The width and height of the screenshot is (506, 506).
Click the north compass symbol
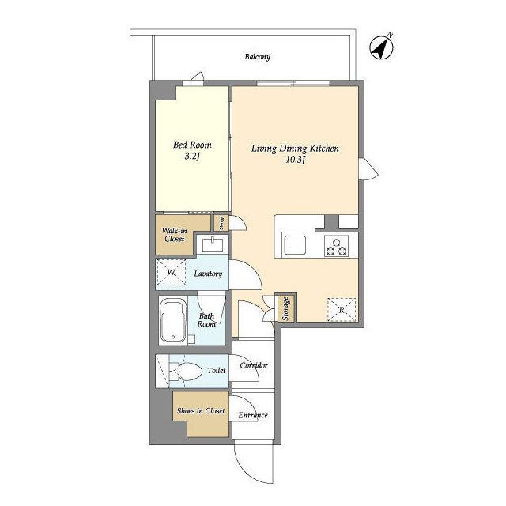(381, 47)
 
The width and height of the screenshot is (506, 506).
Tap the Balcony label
(257, 57)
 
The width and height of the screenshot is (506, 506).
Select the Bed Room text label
(192, 145)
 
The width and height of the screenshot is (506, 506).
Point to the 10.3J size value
(295, 160)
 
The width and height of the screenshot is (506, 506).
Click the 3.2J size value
(192, 157)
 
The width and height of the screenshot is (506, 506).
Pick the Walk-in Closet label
(174, 235)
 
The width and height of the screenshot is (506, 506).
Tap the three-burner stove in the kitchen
(336, 246)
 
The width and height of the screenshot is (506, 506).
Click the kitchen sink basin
(295, 245)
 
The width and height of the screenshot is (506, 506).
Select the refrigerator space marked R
(342, 310)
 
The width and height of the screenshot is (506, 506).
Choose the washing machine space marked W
(172, 272)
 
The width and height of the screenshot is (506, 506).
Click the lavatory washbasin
(213, 244)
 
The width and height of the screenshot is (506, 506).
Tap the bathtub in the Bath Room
(173, 320)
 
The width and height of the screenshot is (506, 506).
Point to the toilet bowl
(185, 371)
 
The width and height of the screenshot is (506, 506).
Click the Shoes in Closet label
(201, 411)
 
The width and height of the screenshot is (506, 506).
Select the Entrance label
(253, 415)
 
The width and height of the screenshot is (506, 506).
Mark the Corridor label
(254, 365)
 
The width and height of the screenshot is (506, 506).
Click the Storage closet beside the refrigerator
(286, 308)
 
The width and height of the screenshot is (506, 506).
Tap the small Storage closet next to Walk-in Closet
(221, 223)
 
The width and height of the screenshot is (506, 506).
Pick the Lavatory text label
(208, 274)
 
